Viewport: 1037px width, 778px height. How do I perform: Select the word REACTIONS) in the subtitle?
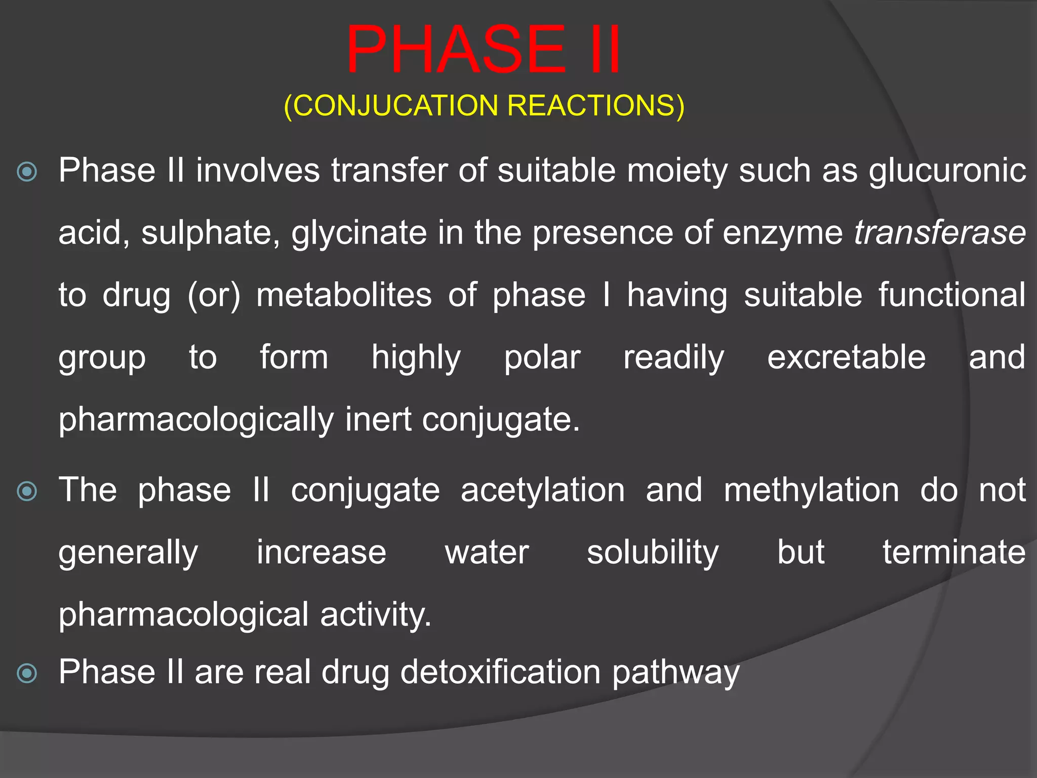pos(595,106)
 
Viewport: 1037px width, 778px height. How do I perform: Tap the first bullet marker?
pos(27,172)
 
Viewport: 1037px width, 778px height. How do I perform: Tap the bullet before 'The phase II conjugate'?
pos(27,491)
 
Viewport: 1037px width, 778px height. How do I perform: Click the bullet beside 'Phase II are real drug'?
pos(27,673)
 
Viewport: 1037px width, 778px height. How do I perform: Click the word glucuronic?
pos(947,171)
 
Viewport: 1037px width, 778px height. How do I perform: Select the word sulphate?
pos(210,233)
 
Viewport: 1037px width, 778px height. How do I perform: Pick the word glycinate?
pos(359,233)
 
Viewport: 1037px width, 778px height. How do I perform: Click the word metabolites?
pos(344,295)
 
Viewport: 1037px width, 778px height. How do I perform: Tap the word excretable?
pos(846,358)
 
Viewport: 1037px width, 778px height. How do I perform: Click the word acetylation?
pos(542,490)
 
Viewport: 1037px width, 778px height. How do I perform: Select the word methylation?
pos(811,490)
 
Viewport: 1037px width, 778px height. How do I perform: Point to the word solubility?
pos(653,553)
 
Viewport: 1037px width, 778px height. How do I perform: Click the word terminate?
pos(954,553)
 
